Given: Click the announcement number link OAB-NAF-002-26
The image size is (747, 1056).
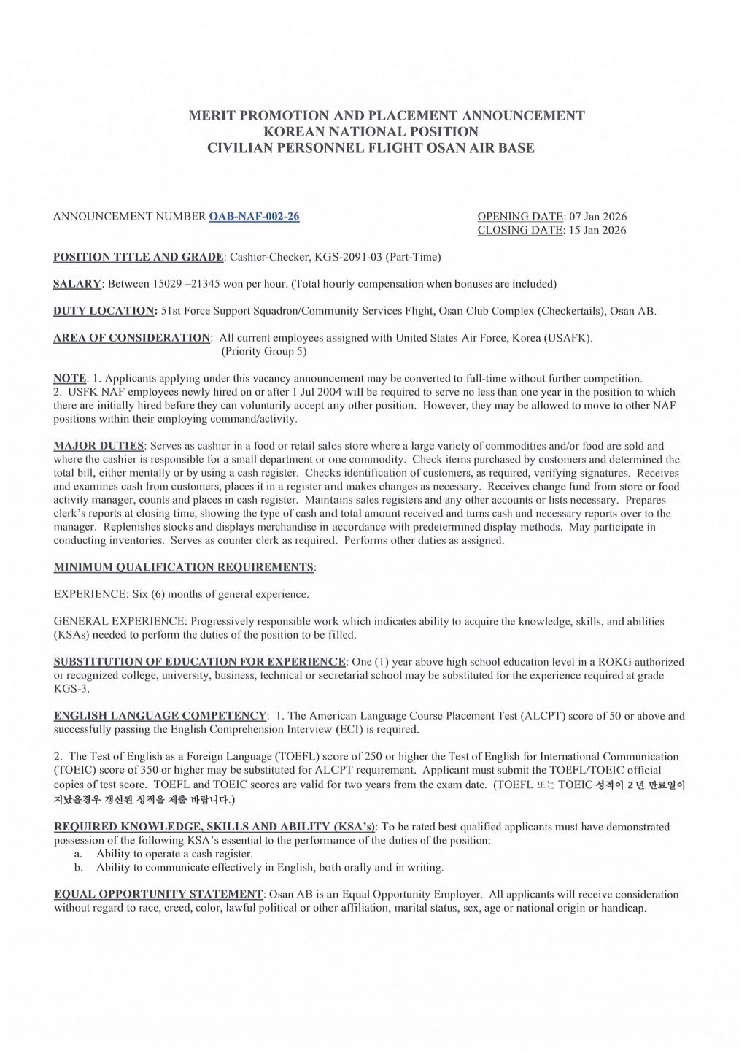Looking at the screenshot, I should point(254,217).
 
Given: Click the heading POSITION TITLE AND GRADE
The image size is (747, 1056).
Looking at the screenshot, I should point(139,257).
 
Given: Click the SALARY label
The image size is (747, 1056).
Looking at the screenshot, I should point(77,284).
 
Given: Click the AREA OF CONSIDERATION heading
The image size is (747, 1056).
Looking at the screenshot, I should point(132,338).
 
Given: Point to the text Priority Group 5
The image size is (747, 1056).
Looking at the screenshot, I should point(264,351).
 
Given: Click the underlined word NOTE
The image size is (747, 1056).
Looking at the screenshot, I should point(69,379).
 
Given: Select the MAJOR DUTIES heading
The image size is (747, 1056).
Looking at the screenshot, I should point(99,446).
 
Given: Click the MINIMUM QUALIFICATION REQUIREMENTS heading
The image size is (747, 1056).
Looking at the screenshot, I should point(184,567).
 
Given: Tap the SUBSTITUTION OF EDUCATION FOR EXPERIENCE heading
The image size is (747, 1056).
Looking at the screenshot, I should point(199,662).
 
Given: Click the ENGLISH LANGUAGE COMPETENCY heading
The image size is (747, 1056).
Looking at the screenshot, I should point(160,716).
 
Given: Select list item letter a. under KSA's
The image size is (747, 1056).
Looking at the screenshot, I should point(78,854).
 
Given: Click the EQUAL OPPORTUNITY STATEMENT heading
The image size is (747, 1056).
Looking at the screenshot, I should point(158,895).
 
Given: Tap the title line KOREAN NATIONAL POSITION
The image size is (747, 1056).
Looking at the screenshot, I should point(371,132).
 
